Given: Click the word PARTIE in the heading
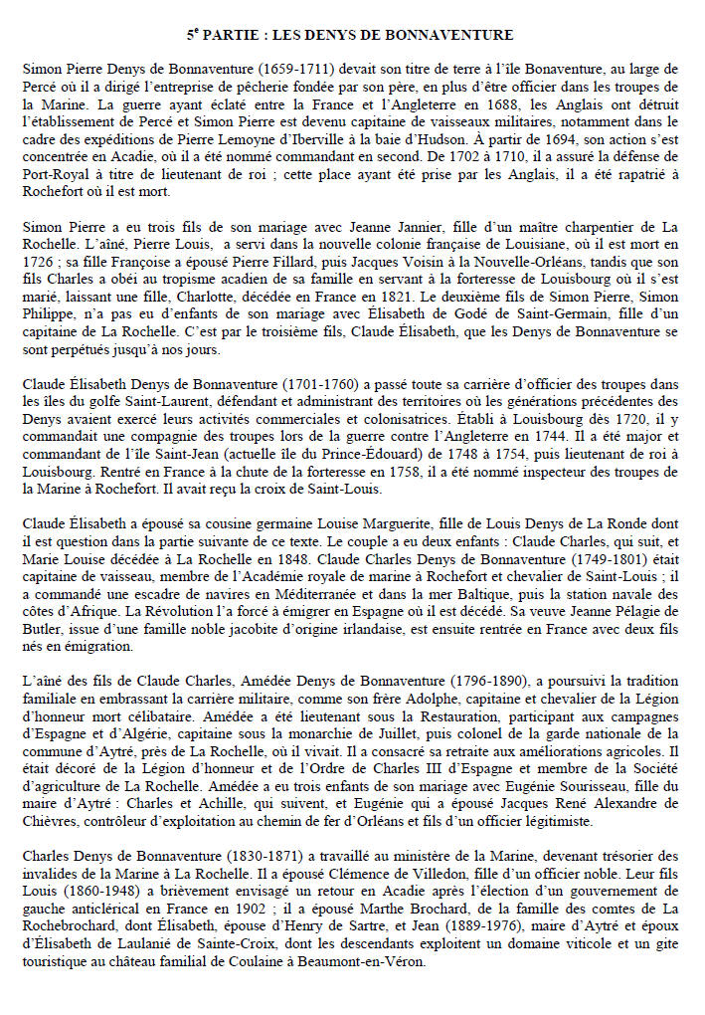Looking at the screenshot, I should tap(232, 36).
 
